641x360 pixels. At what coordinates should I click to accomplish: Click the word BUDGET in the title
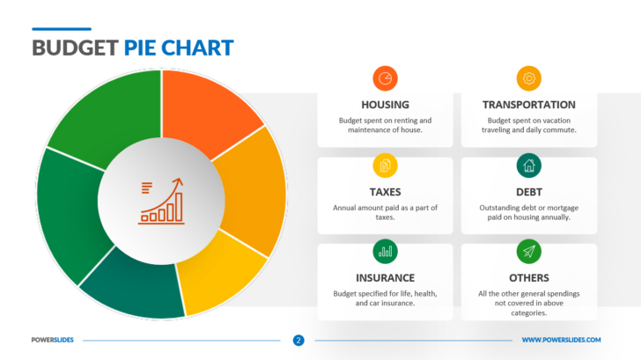tap(75, 47)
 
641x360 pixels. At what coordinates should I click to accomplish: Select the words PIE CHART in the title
tap(179, 47)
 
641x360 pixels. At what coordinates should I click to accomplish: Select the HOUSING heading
tap(385, 104)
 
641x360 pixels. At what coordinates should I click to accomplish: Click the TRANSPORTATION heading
tap(528, 104)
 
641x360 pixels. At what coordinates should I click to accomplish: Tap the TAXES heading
tap(385, 191)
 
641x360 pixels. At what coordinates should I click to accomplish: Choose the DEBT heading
tap(528, 191)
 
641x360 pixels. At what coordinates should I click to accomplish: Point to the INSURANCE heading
tap(385, 277)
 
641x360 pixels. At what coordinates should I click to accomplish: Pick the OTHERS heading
tap(528, 277)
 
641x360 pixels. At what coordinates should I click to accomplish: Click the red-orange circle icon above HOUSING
tap(385, 77)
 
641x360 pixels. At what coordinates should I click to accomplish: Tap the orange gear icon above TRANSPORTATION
tap(528, 77)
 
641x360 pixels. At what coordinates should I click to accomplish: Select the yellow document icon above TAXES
tap(385, 165)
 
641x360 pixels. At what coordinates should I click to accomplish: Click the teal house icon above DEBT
tap(528, 165)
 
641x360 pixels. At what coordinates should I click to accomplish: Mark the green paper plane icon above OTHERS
tap(528, 251)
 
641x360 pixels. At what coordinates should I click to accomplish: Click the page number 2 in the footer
tap(298, 340)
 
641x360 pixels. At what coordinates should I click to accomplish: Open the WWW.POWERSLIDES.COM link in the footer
tap(561, 340)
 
